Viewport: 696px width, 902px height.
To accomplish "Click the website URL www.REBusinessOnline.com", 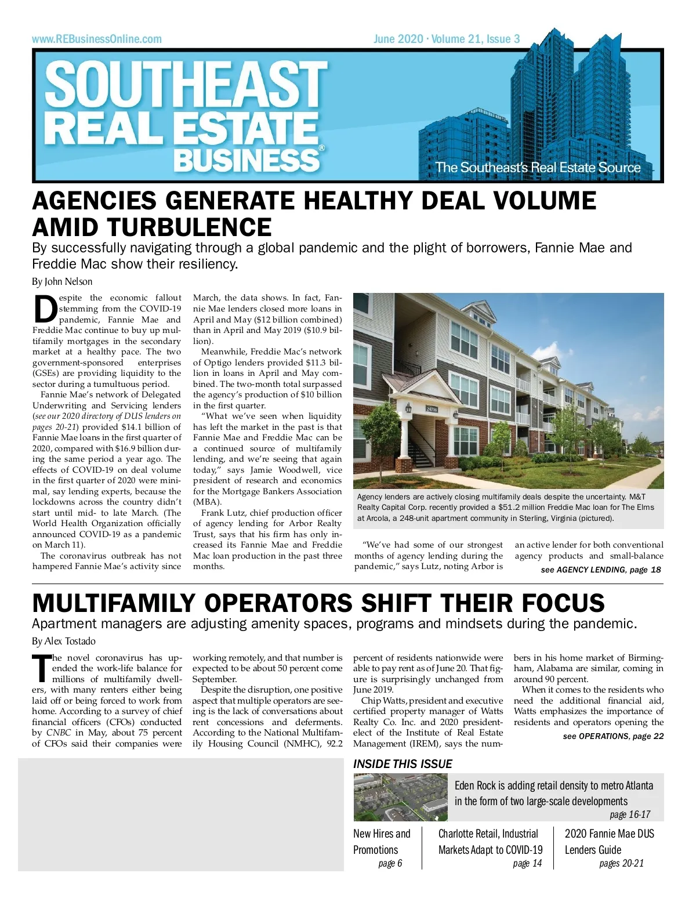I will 97,39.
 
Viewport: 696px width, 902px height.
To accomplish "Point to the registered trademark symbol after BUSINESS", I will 321,148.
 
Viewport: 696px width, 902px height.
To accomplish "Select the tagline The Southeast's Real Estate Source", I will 538,168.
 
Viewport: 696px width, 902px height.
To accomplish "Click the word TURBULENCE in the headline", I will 152,227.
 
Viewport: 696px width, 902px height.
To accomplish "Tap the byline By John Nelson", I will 62,282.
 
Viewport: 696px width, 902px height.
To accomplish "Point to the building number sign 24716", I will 432,409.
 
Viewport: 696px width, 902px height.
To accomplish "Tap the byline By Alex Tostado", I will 64,641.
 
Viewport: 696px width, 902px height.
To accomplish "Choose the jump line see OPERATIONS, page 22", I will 613,736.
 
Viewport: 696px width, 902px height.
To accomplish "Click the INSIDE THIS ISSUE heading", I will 403,764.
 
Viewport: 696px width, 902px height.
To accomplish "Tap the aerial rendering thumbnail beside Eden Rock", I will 400,797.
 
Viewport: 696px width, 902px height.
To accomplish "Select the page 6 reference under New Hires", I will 390,864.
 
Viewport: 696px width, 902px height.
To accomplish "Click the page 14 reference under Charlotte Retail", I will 527,864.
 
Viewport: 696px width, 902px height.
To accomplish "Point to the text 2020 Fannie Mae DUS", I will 609,834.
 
